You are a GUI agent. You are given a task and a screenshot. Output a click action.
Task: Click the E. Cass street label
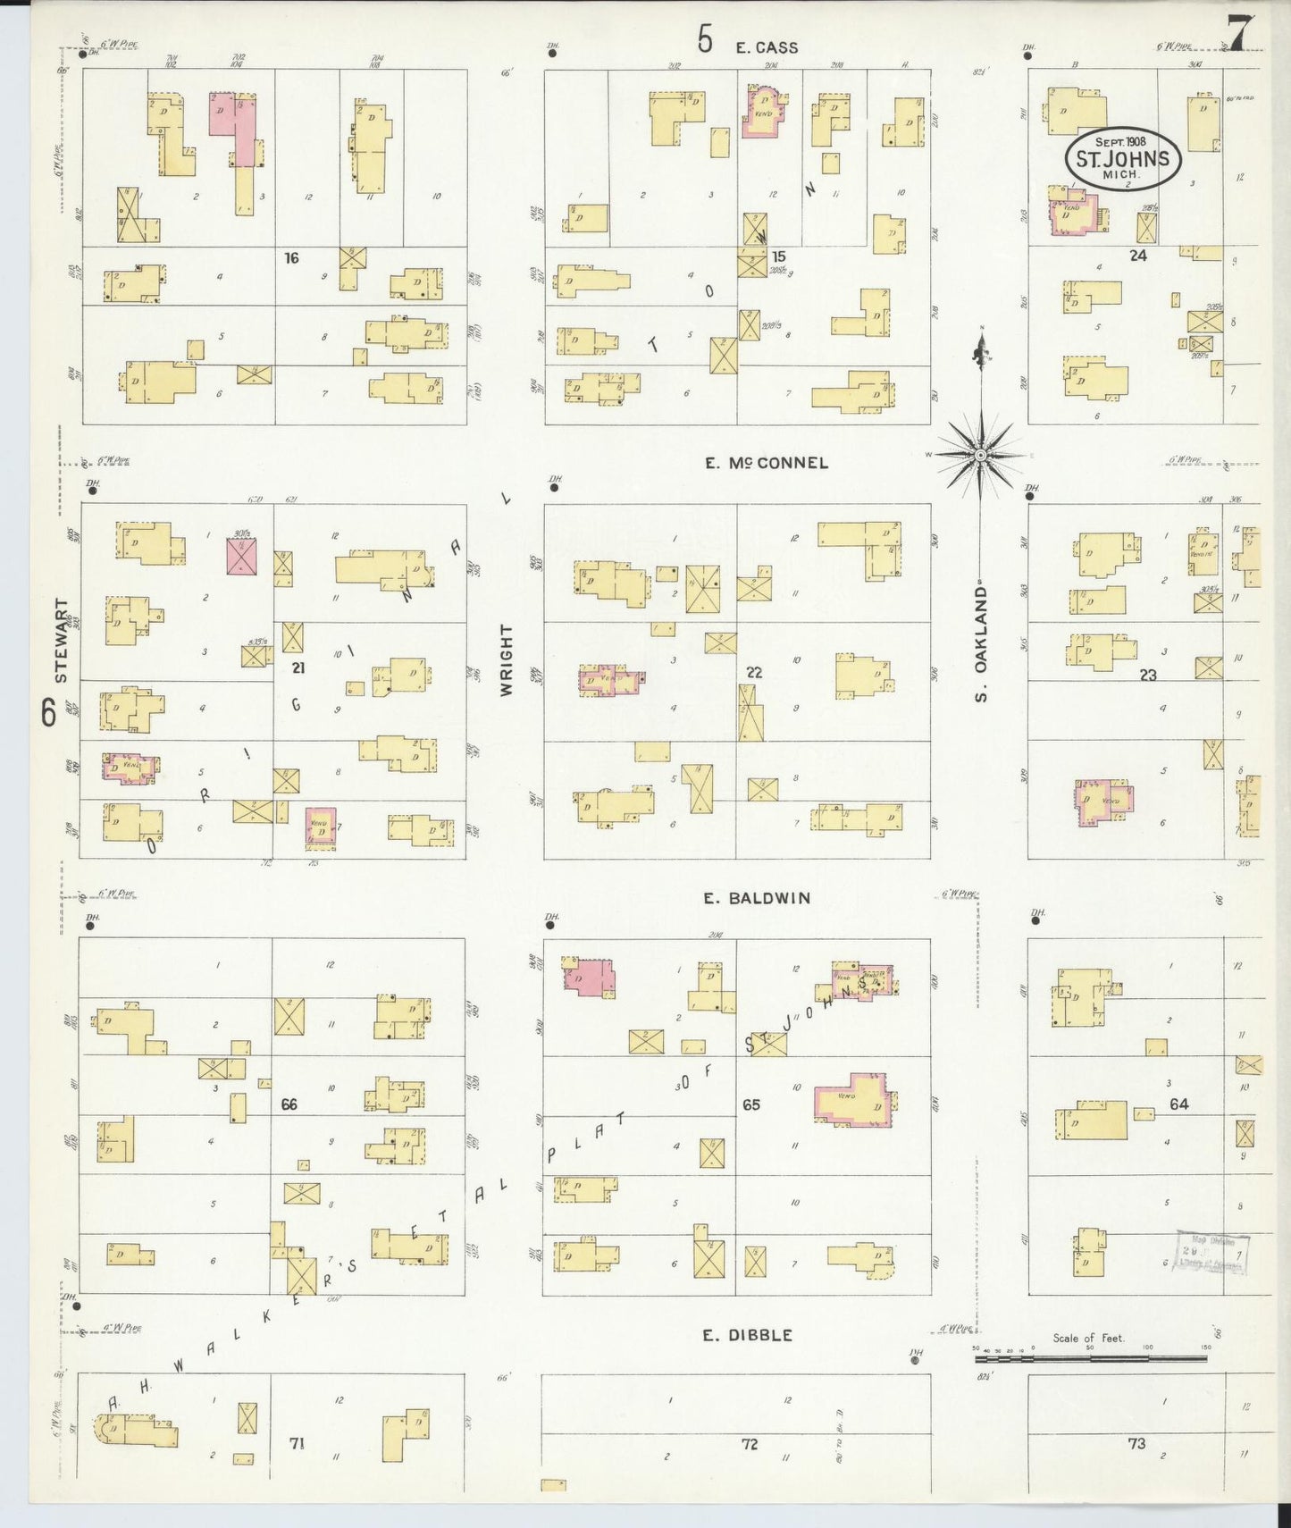pos(767,47)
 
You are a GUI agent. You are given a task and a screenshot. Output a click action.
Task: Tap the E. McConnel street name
pos(766,463)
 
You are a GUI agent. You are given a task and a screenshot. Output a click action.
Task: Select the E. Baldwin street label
pos(756,898)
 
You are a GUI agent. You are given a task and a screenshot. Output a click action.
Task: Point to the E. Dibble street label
pos(747,1335)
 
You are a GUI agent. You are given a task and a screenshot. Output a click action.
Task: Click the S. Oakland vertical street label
pos(981,643)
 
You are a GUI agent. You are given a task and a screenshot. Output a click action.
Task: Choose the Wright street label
pos(507,660)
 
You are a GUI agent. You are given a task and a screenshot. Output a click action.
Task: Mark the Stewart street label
pos(61,641)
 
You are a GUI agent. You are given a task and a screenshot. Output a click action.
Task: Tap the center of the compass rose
pos(981,456)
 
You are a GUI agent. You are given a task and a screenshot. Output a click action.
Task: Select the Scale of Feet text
pos(1088,1338)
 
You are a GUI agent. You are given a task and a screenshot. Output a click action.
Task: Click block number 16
pos(291,258)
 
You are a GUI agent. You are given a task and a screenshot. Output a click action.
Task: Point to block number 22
pos(753,672)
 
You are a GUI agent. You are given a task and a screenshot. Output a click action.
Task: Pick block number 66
pos(289,1104)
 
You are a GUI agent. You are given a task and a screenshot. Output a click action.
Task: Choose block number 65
pos(750,1105)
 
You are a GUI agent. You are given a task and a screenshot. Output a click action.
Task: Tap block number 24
pos(1137,256)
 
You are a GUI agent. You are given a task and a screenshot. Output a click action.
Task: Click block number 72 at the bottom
pos(749,1443)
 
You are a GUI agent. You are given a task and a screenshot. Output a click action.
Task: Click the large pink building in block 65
pos(855,1099)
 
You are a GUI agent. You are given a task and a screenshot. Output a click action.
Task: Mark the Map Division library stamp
pos(1211,1253)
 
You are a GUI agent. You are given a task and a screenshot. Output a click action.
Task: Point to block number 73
pos(1136,1443)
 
